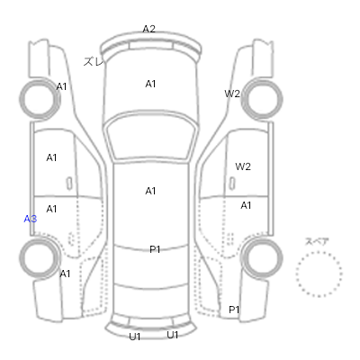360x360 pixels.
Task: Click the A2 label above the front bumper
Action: (148, 29)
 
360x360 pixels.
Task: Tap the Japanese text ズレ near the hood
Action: (94, 61)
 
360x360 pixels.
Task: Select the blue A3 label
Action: (31, 219)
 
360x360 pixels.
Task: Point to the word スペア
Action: (317, 241)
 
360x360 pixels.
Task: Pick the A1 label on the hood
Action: (150, 84)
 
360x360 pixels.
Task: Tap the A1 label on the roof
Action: (150, 191)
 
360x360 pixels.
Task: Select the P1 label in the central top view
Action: (155, 249)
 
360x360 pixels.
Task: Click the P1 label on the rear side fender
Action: (234, 310)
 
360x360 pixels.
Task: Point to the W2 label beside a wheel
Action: (232, 94)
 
